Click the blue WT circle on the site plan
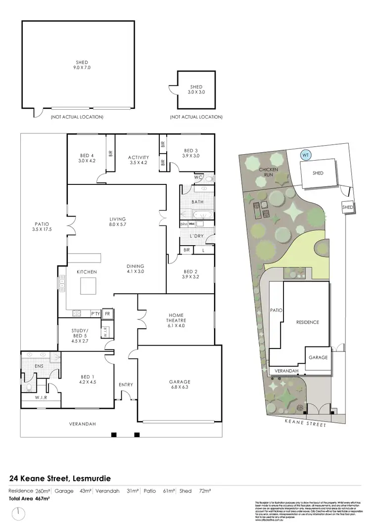306,155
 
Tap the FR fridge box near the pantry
107,314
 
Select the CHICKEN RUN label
269,173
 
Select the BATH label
197,202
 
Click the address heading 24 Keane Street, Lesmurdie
60,479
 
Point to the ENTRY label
126,385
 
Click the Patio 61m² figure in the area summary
158,491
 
